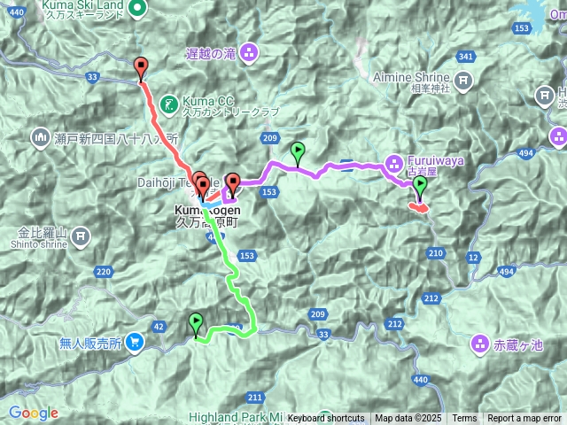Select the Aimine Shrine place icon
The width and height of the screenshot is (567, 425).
coord(463,81)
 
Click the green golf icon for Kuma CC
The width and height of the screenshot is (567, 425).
coord(171,102)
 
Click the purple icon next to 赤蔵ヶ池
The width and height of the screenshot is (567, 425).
coord(479,342)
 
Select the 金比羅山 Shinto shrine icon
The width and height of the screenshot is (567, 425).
coord(81,236)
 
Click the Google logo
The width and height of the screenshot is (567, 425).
coord(34,413)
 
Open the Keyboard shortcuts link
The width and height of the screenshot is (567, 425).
coord(325,419)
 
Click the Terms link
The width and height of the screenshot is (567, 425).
coord(464,419)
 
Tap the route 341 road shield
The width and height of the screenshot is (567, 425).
coord(464,57)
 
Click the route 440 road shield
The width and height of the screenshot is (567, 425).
coord(420,380)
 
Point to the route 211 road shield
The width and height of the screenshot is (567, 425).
coord(256,396)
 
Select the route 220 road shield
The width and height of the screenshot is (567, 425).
coord(104,271)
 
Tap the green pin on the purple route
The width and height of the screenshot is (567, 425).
coord(298,152)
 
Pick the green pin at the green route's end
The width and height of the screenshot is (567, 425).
coord(196,323)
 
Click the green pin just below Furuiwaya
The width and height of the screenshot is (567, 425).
coord(420,187)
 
